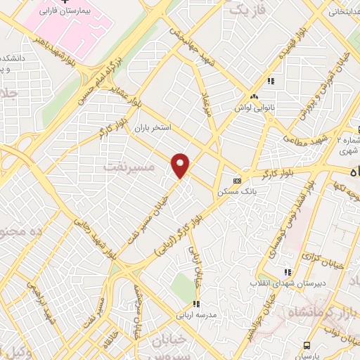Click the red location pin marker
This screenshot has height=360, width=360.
click(x=181, y=165)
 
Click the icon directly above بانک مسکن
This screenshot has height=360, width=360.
click(x=237, y=180)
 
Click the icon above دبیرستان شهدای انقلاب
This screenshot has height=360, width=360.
click(x=286, y=272)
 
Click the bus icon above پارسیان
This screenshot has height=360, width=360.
click(x=307, y=345)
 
